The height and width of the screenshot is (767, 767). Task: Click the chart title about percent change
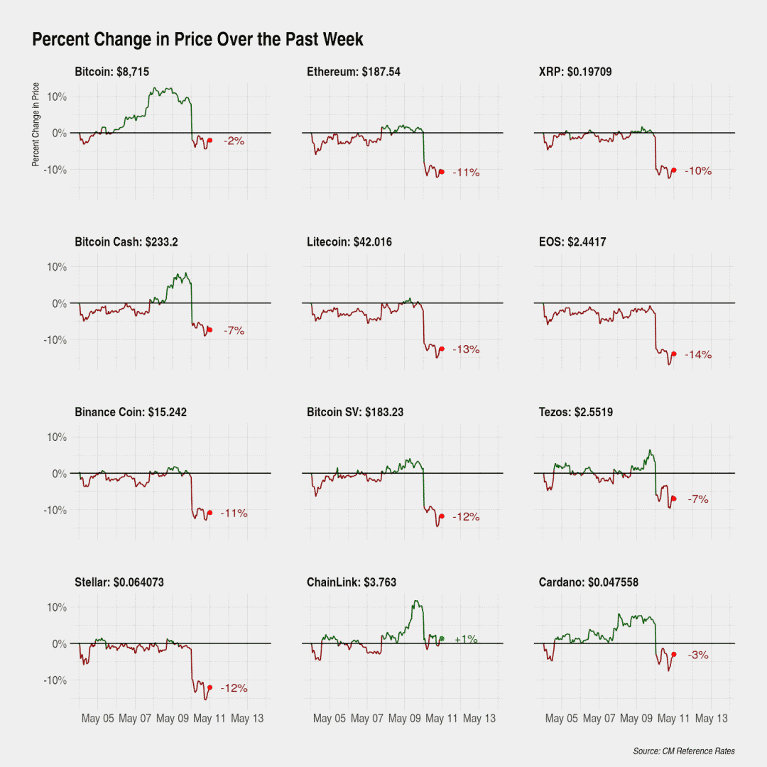197,39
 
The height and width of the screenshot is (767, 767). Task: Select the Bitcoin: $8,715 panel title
112,72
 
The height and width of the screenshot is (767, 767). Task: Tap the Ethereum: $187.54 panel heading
354,72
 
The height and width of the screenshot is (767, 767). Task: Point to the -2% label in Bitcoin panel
234,141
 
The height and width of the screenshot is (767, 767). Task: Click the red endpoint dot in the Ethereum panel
442,172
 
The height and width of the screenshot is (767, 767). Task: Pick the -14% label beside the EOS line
698,354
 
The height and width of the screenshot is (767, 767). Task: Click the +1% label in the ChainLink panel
466,639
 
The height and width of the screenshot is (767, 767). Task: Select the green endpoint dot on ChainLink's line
442,639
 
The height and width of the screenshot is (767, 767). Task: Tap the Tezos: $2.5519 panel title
576,413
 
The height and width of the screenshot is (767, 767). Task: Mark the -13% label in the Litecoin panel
466,349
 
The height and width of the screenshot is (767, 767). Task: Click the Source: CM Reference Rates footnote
684,751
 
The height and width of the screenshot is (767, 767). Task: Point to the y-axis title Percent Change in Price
36,124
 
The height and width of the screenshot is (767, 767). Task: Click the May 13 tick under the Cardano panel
711,719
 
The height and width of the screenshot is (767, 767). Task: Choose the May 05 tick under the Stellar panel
97,719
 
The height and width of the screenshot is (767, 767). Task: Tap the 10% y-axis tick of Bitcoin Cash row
57,267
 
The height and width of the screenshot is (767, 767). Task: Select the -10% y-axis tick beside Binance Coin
55,510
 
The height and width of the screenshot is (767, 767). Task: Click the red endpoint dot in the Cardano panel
673,655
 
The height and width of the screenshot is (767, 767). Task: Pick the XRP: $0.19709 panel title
575,72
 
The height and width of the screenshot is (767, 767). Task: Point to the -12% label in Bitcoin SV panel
466,517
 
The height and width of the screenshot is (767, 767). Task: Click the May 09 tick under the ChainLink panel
405,719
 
